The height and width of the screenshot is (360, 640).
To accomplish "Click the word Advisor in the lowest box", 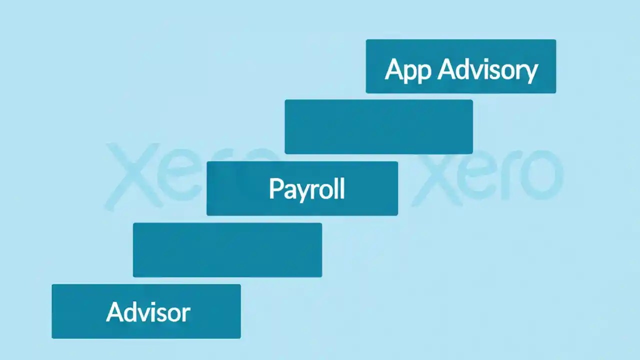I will coord(148,312).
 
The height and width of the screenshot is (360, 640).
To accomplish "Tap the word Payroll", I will coord(306,189).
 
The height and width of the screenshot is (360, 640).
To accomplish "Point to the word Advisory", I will coord(488,70).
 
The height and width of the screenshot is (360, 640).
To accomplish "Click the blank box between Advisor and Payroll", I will coord(227,250).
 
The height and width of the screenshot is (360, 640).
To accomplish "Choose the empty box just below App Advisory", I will coord(378,127).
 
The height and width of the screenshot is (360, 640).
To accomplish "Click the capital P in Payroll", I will coord(275,189).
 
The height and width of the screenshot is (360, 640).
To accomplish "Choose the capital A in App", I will coord(394,69).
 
